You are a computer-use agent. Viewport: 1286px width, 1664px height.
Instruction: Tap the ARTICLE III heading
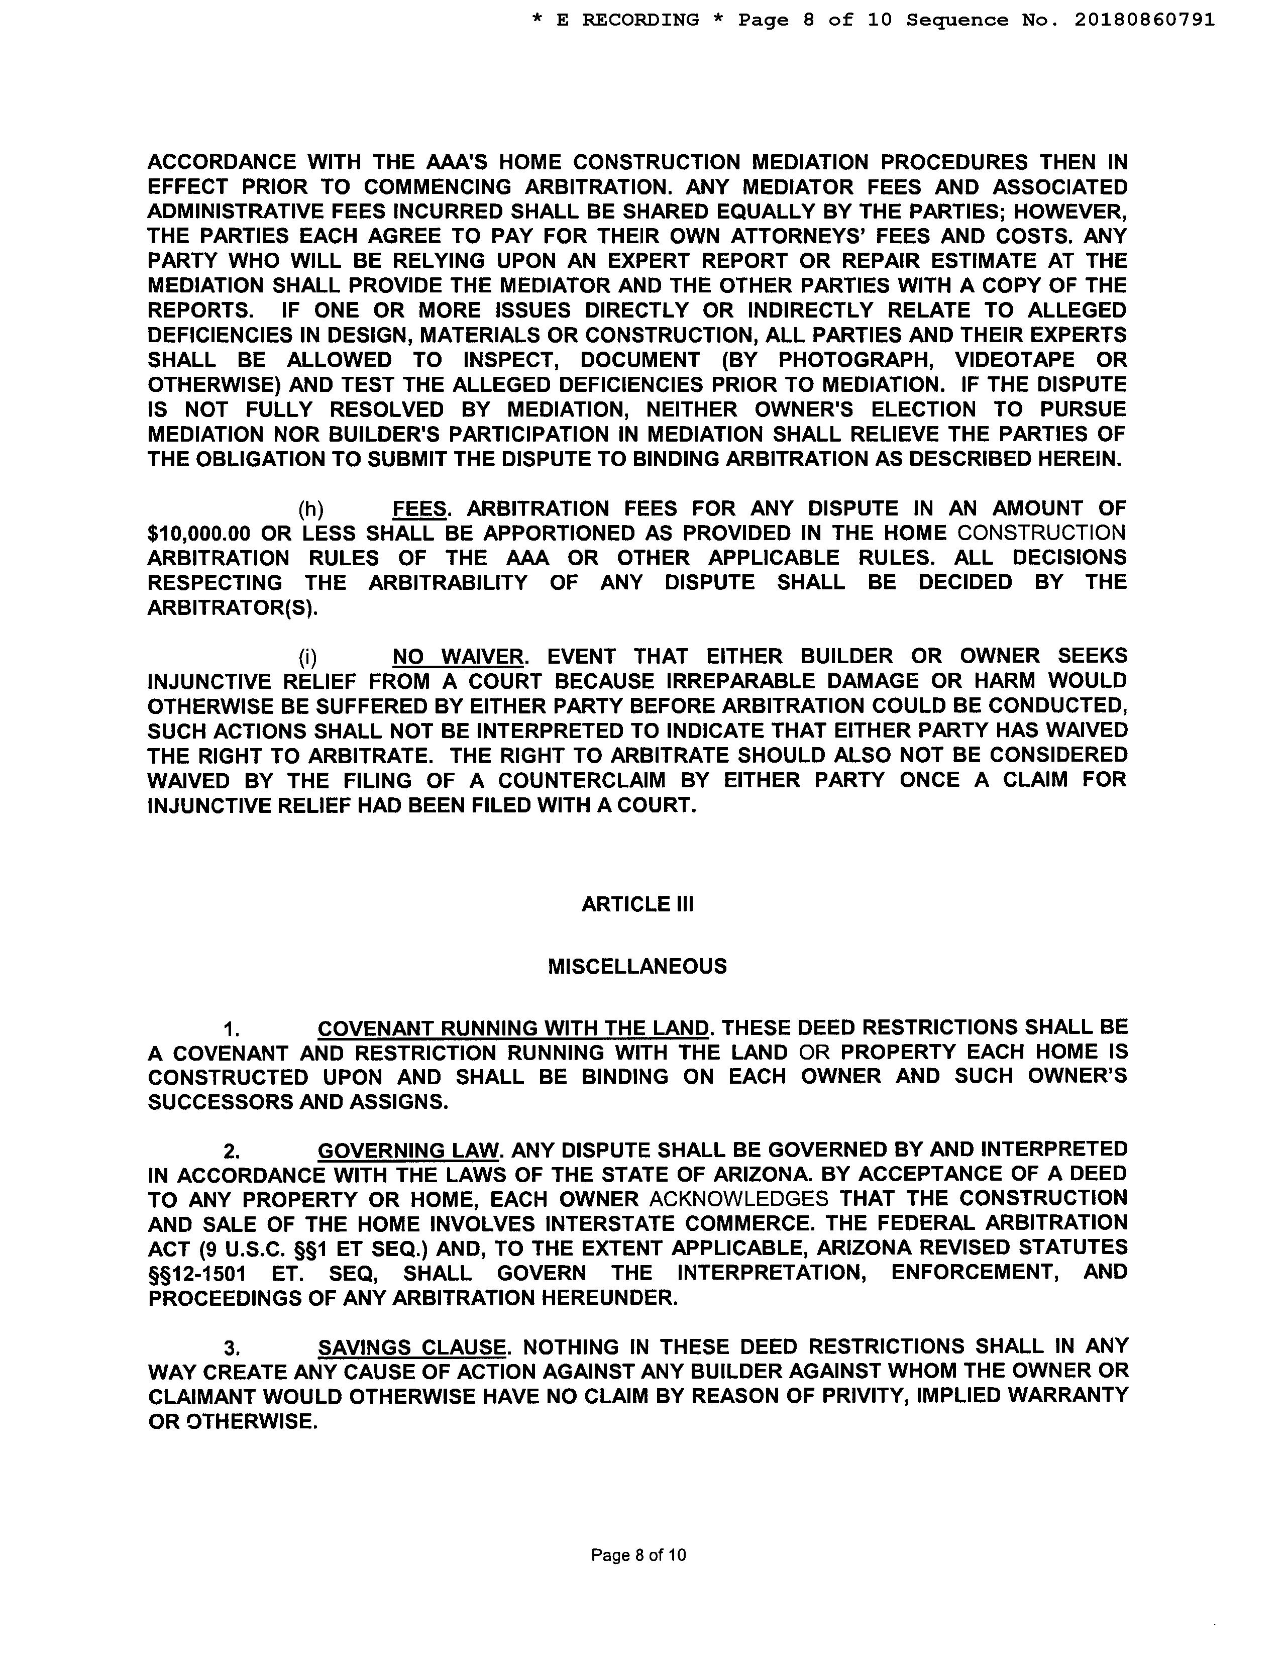coord(637,904)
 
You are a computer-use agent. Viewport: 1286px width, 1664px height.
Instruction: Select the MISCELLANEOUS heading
coord(637,967)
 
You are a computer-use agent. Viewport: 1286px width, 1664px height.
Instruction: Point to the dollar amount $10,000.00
coord(199,534)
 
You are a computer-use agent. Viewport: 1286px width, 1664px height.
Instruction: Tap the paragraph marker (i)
coord(308,657)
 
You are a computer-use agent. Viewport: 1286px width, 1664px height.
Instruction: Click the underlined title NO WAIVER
coord(458,657)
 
